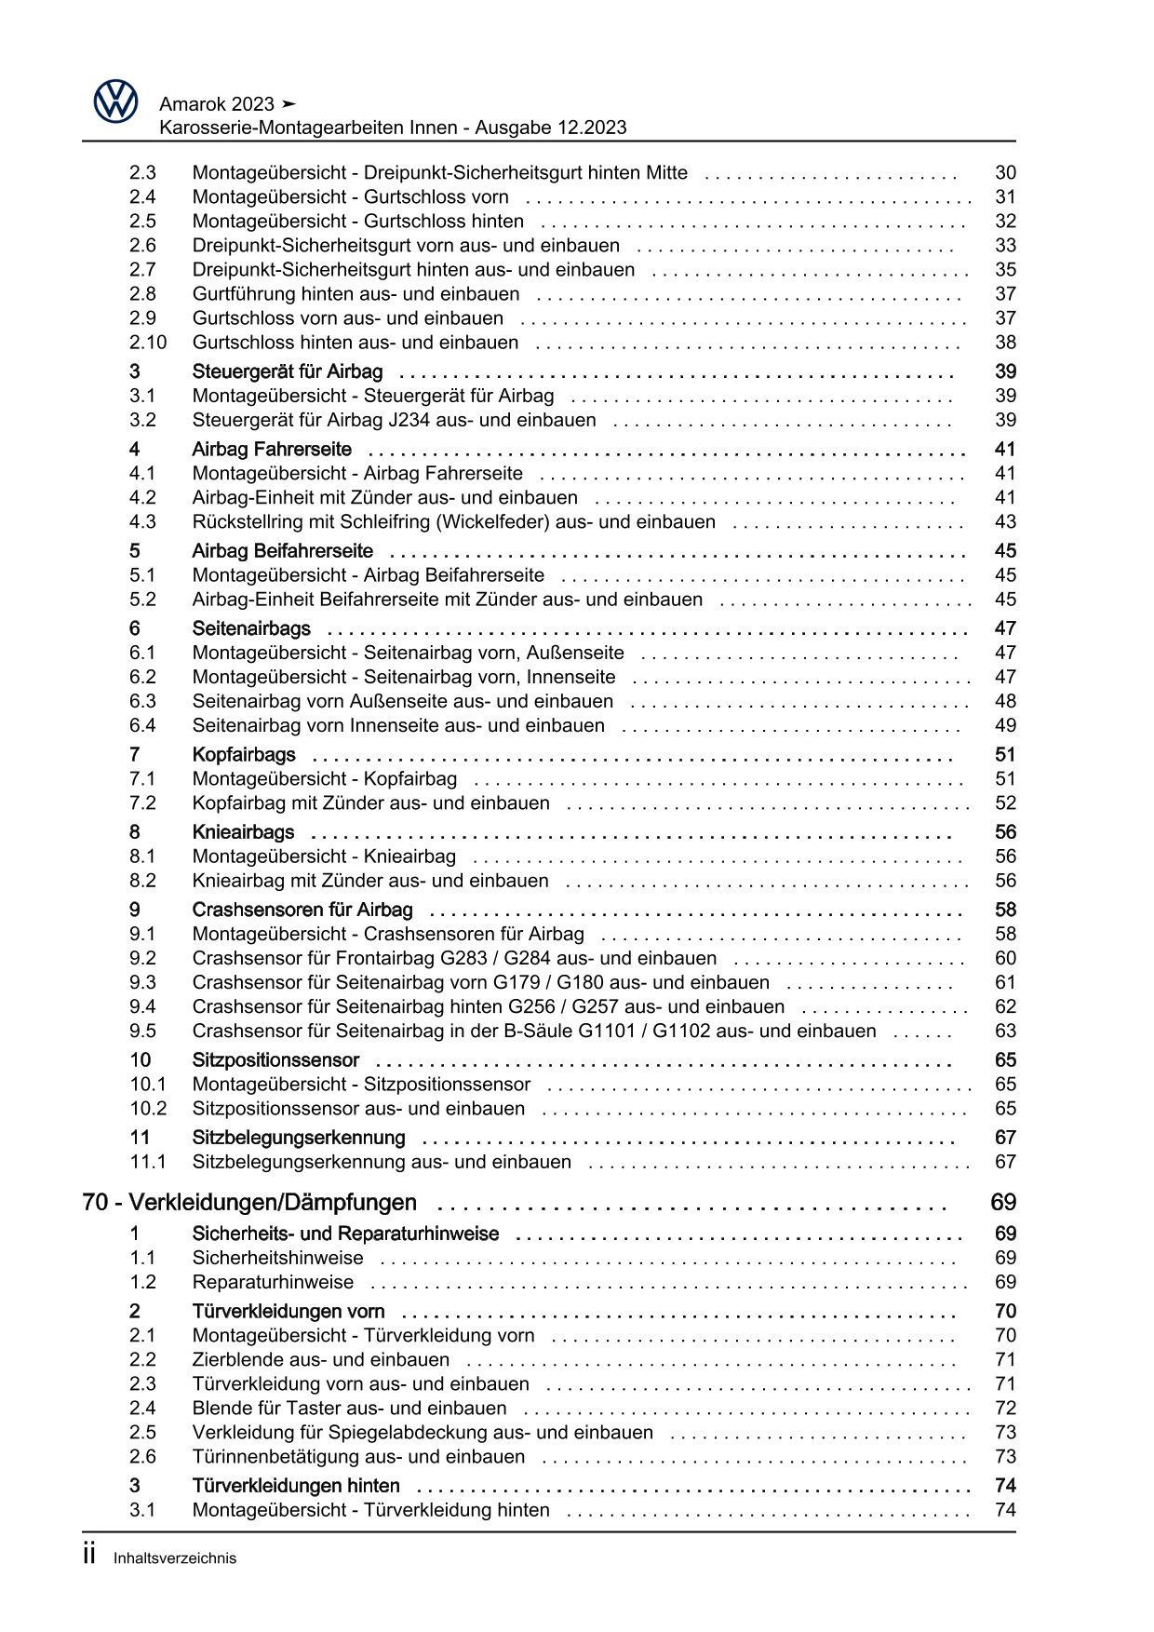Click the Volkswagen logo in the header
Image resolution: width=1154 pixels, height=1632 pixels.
tap(115, 101)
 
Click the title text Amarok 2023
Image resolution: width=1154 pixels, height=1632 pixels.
tap(216, 103)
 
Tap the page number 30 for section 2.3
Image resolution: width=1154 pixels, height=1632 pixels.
tap(1005, 172)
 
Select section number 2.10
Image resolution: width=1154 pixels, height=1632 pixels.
tap(148, 343)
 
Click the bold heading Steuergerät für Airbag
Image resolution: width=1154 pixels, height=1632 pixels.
tap(287, 371)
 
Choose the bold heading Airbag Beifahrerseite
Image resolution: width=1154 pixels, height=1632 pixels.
tap(282, 551)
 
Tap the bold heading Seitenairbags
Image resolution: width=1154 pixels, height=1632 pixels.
tap(251, 628)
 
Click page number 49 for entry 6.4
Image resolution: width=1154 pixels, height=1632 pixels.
tap(1005, 726)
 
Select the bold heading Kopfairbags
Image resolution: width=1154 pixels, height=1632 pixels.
tap(244, 755)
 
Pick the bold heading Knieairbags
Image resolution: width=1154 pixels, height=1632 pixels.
tap(243, 832)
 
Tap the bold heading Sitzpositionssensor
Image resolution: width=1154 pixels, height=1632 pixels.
tap(275, 1060)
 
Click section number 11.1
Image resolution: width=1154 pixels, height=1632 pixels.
tap(148, 1162)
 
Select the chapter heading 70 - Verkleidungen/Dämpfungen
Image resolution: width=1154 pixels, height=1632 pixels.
tap(249, 1203)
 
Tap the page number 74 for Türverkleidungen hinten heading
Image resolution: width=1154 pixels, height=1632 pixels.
tap(1005, 1486)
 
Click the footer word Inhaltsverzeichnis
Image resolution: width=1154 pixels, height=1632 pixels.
tap(175, 1558)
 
